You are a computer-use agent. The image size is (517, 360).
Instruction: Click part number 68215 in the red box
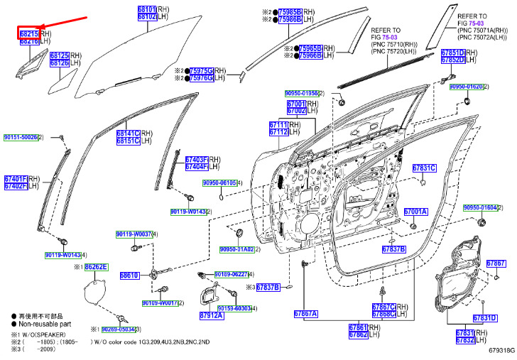28,33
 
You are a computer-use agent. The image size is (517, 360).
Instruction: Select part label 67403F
197,160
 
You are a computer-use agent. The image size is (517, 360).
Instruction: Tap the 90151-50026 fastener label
21,137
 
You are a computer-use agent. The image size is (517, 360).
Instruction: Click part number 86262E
96,267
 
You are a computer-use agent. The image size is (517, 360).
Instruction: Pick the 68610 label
129,274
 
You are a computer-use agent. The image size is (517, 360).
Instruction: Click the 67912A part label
211,315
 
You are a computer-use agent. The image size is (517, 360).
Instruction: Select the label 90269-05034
117,329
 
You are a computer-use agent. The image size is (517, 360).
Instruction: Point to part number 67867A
305,313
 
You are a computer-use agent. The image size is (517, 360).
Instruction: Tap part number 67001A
416,212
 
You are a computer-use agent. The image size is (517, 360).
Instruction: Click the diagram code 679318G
501,350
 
